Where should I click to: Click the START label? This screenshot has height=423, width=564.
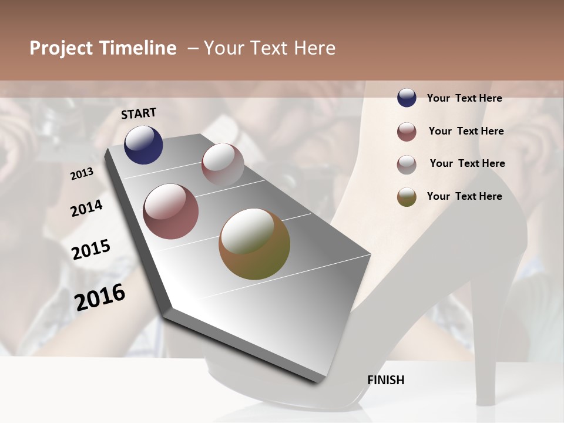(139, 113)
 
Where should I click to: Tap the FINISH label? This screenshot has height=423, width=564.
(386, 380)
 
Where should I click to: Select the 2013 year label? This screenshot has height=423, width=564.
(82, 174)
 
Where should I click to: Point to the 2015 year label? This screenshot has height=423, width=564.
(91, 250)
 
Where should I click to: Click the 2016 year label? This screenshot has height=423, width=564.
(100, 297)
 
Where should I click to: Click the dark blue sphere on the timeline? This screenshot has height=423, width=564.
(143, 145)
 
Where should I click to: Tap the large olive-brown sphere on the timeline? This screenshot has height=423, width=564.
(254, 244)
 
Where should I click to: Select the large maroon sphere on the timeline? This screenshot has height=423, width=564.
(171, 211)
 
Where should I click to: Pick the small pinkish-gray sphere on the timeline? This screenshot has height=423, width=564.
(223, 164)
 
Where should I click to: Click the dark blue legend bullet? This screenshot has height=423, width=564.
(407, 98)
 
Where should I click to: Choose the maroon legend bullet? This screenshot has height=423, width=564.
(407, 132)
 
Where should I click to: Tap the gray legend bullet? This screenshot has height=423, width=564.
(407, 164)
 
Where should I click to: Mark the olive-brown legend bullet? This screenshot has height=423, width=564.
(407, 197)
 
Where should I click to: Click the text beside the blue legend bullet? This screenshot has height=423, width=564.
(464, 98)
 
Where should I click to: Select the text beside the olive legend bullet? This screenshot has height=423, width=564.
(464, 196)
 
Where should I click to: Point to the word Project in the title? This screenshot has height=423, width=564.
(61, 48)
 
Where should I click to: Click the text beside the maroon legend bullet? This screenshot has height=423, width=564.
(466, 131)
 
